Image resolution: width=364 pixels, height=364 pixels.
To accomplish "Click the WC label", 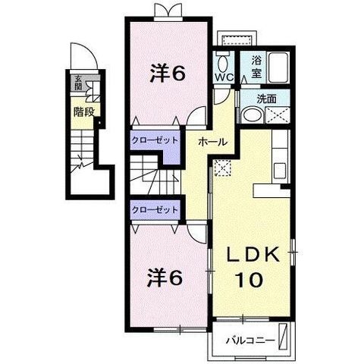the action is coord(224,77).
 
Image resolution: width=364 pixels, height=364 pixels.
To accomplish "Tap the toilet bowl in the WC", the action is coord(222,63).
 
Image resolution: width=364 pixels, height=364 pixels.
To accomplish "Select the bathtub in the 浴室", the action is coord(278,67).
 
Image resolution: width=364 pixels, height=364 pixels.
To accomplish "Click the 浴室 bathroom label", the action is coord(256,67).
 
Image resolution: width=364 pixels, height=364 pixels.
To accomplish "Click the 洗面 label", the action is coord(266,99).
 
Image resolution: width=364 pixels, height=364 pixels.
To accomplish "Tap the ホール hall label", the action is coord(213,142).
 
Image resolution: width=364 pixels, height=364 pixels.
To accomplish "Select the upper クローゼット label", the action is coord(155,140).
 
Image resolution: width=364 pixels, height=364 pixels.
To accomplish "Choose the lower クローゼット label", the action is coord(155,209).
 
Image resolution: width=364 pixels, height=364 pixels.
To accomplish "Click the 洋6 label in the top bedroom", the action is coord(168,74).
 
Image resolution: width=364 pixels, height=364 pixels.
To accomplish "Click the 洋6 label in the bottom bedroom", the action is coord(165,278).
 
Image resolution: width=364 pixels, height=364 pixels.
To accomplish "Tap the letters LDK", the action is coord(253,255).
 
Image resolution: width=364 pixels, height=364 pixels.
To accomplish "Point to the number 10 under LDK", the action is coord(249,280).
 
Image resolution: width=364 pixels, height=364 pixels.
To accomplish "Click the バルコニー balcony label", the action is coord(249,340).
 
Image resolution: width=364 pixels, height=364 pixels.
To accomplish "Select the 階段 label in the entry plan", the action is coord(83,111).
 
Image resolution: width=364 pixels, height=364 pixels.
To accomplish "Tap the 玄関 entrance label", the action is coord(78,83).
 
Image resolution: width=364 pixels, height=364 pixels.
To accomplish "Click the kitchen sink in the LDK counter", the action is coord(280,171).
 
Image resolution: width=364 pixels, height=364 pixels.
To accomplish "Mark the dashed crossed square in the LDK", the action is coord(222,168).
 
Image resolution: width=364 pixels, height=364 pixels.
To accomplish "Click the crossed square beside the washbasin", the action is coord(278,115).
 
